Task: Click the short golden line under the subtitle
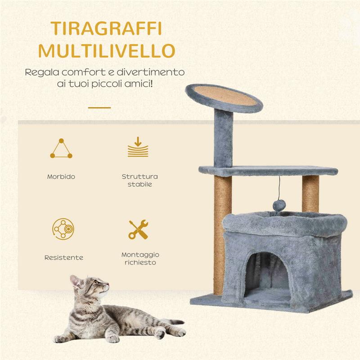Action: click(x=99, y=108)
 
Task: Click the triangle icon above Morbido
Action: click(x=61, y=149)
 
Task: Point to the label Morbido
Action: click(x=61, y=177)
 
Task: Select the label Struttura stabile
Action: click(x=139, y=180)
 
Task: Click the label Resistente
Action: click(x=63, y=258)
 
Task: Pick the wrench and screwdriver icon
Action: click(x=139, y=229)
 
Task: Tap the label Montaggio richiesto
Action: click(x=140, y=258)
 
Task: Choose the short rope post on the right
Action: click(x=310, y=193)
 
